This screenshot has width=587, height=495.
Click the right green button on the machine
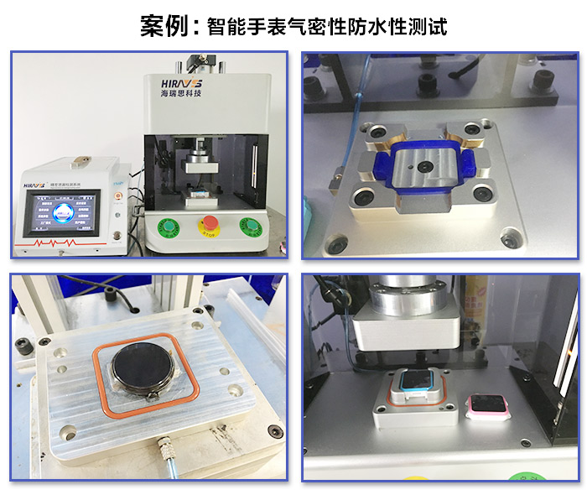(249, 226)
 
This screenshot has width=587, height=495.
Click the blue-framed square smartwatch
(416, 388)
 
